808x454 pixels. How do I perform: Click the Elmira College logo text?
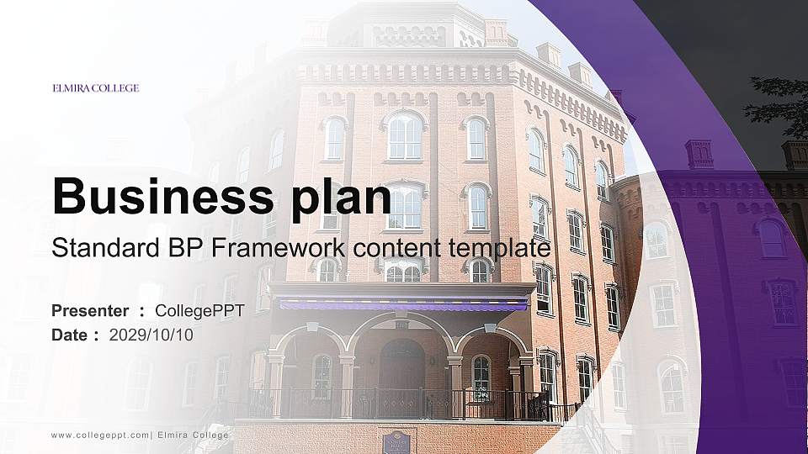(95, 87)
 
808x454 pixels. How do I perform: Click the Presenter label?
(90, 311)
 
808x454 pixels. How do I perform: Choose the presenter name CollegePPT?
(200, 311)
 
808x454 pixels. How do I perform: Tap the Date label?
(70, 335)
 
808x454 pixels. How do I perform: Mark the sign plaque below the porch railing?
(396, 441)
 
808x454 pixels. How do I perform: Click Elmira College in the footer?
(193, 435)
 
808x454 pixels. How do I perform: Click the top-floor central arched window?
(405, 135)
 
